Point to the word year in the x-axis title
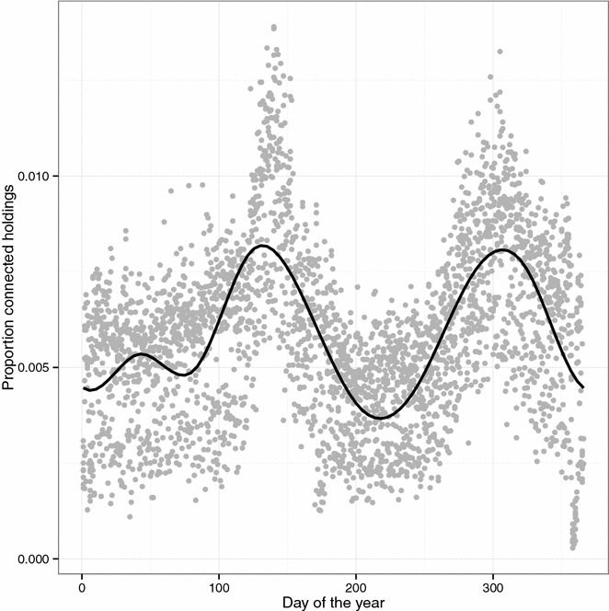pos(370,603)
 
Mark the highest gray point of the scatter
pos(274,28)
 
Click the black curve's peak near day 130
pos(261,246)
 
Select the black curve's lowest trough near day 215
pos(379,418)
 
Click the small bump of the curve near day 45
pos(142,353)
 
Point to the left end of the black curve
pos(83,388)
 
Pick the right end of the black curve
pos(582,387)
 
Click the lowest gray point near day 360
pos(573,548)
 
